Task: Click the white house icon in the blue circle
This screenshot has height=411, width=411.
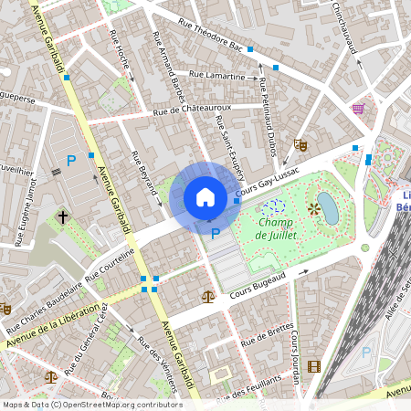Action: point(205,197)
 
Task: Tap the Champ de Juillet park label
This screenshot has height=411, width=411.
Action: point(282,228)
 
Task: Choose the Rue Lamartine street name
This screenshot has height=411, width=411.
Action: point(217,76)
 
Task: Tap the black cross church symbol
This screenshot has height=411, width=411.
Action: point(63,217)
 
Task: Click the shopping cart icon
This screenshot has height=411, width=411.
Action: point(357,108)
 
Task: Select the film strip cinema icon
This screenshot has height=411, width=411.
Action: point(315,366)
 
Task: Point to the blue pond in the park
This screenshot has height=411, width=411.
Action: point(326,208)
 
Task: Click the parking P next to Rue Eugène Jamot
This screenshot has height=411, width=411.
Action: point(70,160)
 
